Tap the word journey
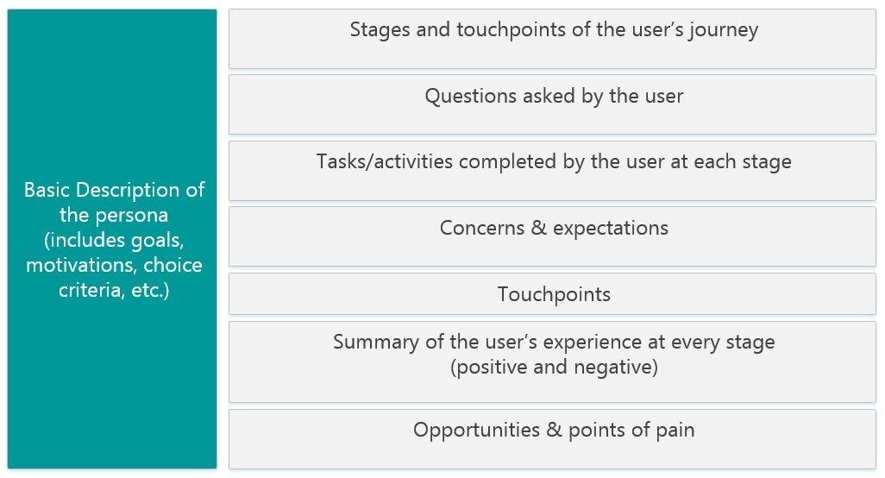[x=723, y=30]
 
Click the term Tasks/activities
[x=384, y=162]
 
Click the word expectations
[x=611, y=229]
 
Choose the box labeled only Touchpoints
[x=554, y=294]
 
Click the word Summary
[x=376, y=342]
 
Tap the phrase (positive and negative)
[x=554, y=368]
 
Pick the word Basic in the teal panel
[x=47, y=190]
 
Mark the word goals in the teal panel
[x=158, y=240]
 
